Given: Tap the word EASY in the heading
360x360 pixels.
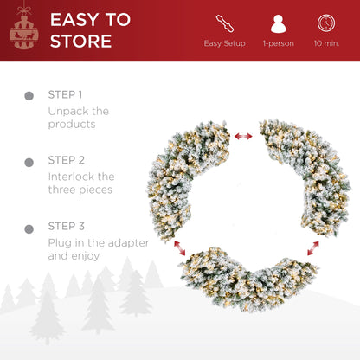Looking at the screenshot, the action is [74, 20].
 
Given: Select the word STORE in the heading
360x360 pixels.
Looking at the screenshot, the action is [80, 41].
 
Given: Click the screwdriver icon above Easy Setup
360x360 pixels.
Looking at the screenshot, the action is [225, 23].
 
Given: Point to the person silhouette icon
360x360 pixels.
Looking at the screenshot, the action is [279, 23].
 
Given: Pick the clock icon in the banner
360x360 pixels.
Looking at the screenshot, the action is [326, 23].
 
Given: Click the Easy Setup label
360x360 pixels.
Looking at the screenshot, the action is [224, 43].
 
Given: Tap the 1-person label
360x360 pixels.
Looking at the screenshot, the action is [279, 43].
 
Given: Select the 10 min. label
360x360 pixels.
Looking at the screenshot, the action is [326, 43].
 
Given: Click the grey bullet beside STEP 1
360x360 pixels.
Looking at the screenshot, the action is [29, 96].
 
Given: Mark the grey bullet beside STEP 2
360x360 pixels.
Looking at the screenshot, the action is [29, 163].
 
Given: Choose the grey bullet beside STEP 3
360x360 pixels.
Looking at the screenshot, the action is [29, 229].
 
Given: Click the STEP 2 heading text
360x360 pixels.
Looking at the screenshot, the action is [67, 160].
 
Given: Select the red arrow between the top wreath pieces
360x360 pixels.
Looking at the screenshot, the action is [243, 136].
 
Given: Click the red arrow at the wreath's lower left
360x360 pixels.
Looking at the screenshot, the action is [180, 248].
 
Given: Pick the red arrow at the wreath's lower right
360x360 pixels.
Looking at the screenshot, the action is [313, 248].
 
